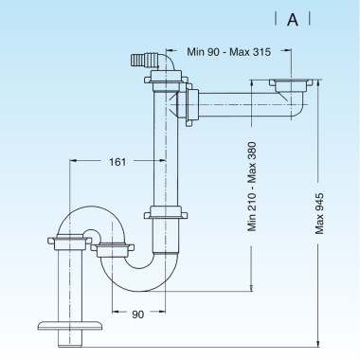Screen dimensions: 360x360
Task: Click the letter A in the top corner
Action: click(x=293, y=20)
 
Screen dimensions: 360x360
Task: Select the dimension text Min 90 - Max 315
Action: click(x=229, y=52)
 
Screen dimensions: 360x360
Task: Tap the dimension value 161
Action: click(x=117, y=162)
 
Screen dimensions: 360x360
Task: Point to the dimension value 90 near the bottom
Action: click(x=137, y=315)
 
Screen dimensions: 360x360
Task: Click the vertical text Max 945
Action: click(x=319, y=213)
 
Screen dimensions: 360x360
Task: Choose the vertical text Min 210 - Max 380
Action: click(x=252, y=187)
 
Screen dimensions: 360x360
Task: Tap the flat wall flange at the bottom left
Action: click(x=70, y=326)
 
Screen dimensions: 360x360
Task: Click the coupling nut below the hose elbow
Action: click(x=166, y=78)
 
